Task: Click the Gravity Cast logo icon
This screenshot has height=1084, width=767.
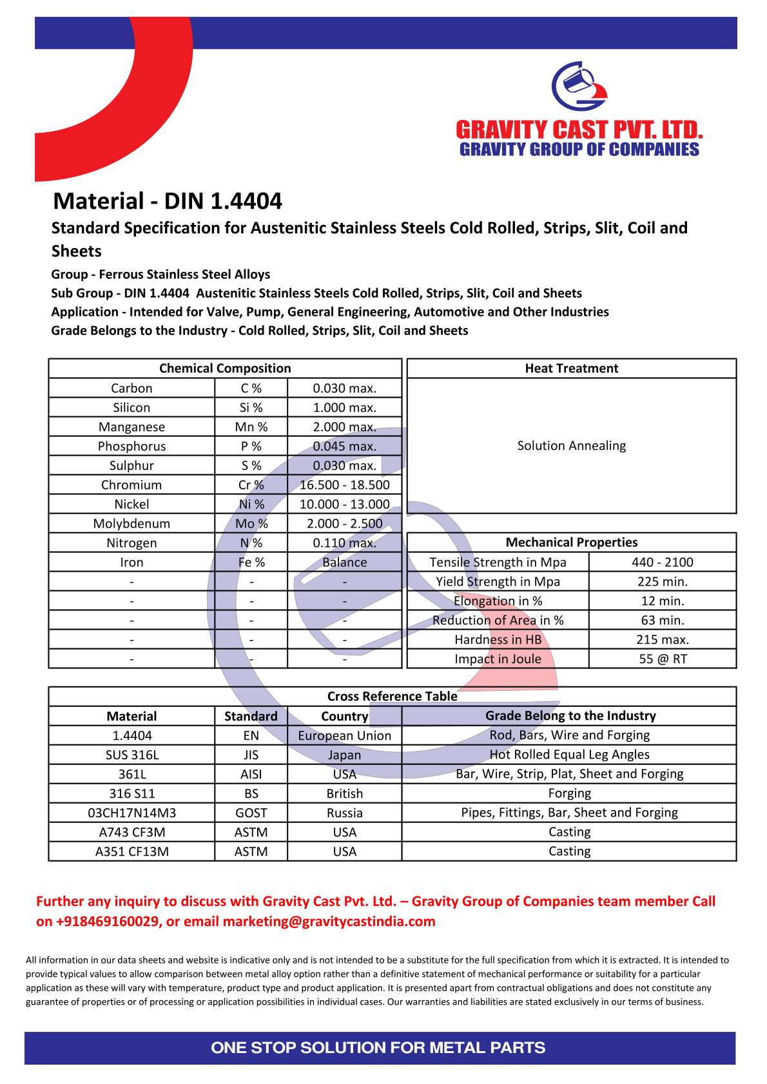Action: click(579, 86)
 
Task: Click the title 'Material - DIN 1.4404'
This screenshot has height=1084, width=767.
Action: click(168, 201)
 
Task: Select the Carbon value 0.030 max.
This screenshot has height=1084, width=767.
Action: click(344, 388)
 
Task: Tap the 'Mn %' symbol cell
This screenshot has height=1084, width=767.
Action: click(251, 427)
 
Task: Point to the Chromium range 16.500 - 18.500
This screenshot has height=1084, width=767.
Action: click(344, 485)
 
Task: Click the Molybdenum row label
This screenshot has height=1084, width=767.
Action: click(131, 523)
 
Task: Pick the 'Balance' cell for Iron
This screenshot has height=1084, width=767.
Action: click(344, 562)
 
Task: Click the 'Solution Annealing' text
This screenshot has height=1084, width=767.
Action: click(571, 445)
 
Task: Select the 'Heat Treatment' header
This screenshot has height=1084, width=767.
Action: click(571, 368)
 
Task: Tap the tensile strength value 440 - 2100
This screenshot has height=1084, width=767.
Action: click(662, 562)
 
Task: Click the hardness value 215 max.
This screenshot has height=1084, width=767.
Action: click(662, 639)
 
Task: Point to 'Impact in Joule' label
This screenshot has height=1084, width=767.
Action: click(498, 659)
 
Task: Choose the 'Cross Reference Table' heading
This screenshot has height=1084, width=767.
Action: click(392, 696)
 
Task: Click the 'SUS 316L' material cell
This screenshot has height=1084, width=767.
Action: click(131, 755)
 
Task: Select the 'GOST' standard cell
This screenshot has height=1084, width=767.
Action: click(251, 813)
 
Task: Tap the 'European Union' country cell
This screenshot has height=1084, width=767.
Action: click(344, 735)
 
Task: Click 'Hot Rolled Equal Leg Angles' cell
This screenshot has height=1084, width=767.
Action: click(569, 754)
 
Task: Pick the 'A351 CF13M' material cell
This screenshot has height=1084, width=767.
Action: click(131, 851)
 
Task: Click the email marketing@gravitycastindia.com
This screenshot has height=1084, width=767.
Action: click(329, 921)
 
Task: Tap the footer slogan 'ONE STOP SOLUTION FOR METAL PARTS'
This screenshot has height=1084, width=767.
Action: click(378, 1047)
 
